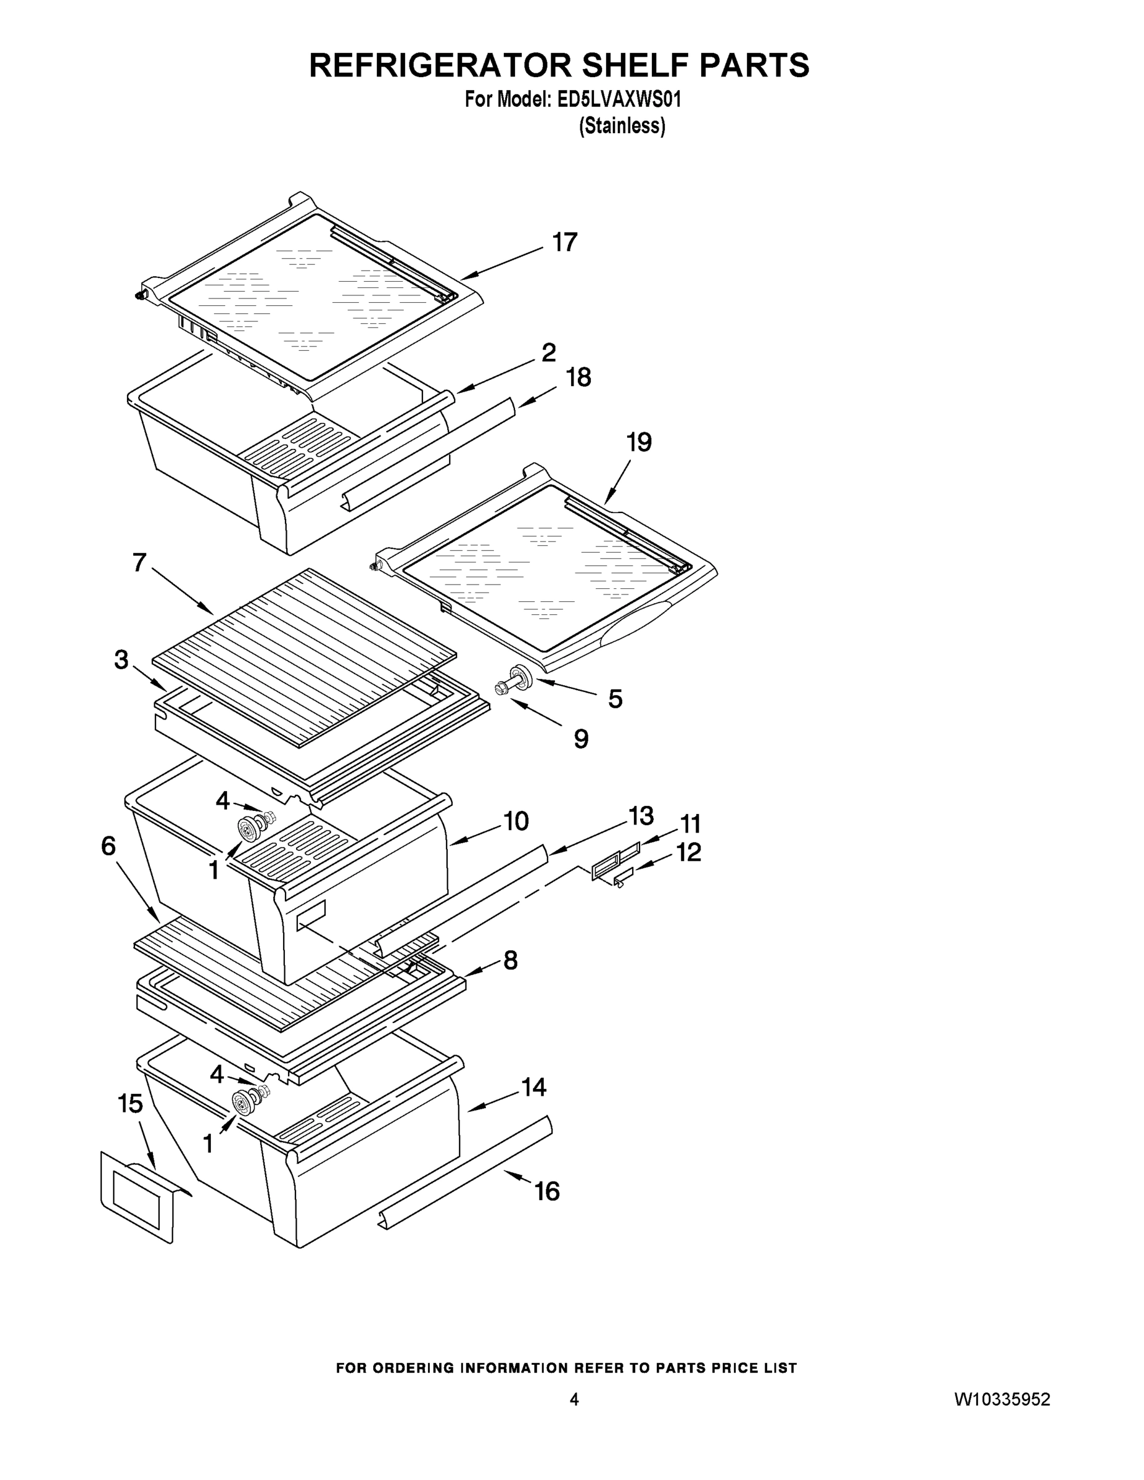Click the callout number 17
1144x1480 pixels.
(x=564, y=242)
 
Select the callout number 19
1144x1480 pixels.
(x=638, y=443)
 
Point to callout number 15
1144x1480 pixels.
(x=130, y=1103)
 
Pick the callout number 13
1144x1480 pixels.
(x=640, y=816)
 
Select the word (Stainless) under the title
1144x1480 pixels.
(x=622, y=126)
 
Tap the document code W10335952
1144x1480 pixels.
(x=1002, y=1399)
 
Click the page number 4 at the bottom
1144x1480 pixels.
(x=574, y=1399)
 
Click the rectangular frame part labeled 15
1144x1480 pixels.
(x=138, y=1198)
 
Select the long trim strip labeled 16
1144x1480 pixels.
(x=467, y=1169)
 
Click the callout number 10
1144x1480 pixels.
(x=516, y=821)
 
